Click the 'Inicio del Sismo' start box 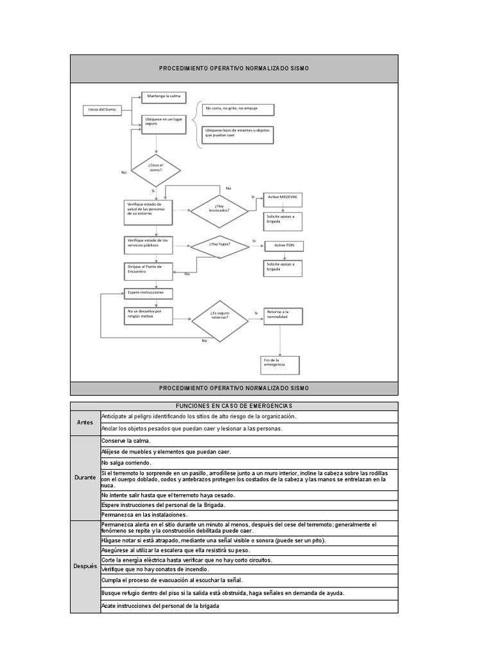pyautogui.click(x=103, y=110)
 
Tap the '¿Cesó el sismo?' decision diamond pyautogui.click(x=156, y=170)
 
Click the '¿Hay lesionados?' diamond pyautogui.click(x=218, y=209)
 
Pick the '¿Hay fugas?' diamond pyautogui.click(x=220, y=245)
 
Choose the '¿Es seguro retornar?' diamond pyautogui.click(x=220, y=318)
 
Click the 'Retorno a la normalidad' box pyautogui.click(x=283, y=316)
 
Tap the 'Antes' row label pyautogui.click(x=85, y=422)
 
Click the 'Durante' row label pyautogui.click(x=85, y=478)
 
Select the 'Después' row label pyautogui.click(x=85, y=566)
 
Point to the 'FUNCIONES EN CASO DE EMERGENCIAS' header pyautogui.click(x=234, y=406)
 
